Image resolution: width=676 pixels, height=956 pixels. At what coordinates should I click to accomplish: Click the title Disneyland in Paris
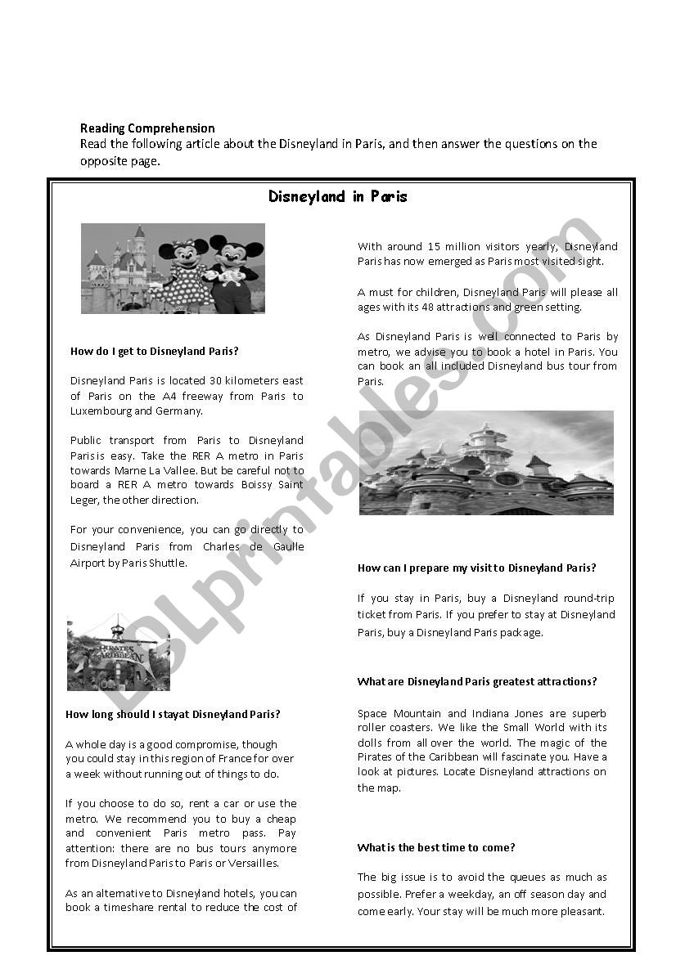tap(338, 197)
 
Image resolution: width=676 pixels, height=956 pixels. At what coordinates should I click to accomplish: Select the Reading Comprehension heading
tap(147, 128)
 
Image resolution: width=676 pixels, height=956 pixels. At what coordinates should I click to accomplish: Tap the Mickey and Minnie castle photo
tap(173, 268)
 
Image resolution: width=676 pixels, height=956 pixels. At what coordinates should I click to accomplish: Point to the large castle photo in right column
tap(486, 462)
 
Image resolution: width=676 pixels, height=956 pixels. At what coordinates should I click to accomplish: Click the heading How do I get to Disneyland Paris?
tap(155, 351)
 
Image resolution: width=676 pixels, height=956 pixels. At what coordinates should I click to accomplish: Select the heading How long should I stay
tap(173, 714)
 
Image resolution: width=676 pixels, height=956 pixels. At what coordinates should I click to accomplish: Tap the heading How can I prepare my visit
tap(476, 568)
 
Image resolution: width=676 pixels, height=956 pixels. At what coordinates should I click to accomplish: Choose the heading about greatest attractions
tap(477, 681)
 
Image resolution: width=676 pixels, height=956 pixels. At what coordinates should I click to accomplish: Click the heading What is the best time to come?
tap(436, 847)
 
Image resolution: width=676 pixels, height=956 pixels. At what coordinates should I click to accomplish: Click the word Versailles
tap(255, 863)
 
